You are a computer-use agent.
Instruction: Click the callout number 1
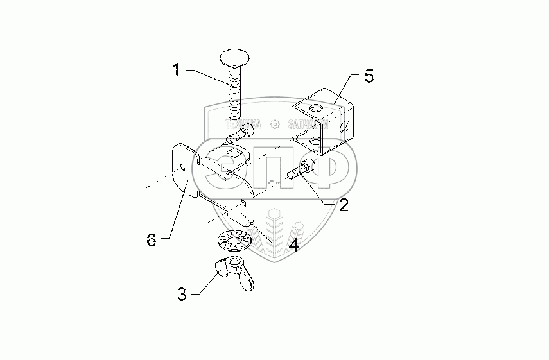pyautogui.click(x=175, y=69)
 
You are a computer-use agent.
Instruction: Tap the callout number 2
pyautogui.click(x=344, y=205)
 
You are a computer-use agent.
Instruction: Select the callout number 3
pyautogui.click(x=182, y=295)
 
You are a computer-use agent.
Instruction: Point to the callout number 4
pyautogui.click(x=292, y=244)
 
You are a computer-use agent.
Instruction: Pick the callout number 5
pyautogui.click(x=368, y=76)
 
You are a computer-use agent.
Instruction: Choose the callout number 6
pyautogui.click(x=152, y=240)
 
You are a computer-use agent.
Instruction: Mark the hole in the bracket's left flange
pyautogui.click(x=182, y=168)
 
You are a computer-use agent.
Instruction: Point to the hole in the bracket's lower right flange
pyautogui.click(x=242, y=204)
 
